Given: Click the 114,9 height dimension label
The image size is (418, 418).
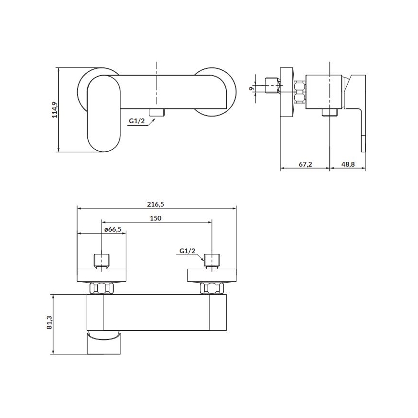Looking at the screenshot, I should (54, 109).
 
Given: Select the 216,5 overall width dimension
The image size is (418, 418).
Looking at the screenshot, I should (156, 204).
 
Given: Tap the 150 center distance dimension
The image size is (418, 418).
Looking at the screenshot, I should (156, 218).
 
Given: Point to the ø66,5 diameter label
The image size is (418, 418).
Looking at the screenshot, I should (112, 230).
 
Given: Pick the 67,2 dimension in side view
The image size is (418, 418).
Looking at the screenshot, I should (305, 164).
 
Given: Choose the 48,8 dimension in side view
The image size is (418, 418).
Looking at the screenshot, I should (348, 164).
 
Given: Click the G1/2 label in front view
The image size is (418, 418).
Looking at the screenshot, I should (136, 121).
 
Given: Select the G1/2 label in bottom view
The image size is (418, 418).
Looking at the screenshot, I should (187, 251).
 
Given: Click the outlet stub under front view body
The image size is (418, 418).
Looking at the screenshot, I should (157, 112).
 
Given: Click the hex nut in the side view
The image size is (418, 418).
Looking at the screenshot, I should (300, 91).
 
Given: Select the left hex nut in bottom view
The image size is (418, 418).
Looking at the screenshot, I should (102, 288).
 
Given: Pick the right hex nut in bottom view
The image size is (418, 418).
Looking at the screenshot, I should (212, 288).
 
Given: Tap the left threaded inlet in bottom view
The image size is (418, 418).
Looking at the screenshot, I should (102, 260).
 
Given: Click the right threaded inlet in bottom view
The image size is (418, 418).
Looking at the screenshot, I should (212, 260).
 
